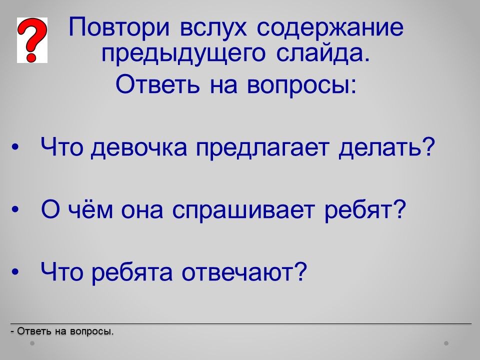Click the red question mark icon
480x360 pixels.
[32, 40]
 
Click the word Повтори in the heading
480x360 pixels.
[119, 27]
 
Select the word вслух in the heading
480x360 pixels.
[213, 27]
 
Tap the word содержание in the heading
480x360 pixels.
[330, 27]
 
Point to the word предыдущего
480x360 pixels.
[183, 53]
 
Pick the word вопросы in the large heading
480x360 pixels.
[301, 84]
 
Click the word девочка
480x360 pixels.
[138, 147]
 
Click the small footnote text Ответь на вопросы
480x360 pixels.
[62, 331]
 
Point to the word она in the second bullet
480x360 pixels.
[142, 210]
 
